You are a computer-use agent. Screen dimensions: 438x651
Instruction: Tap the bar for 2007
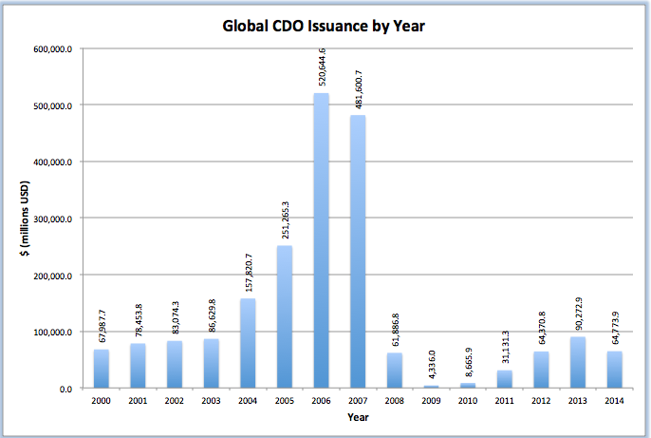[359, 251]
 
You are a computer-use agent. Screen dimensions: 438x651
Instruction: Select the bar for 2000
[102, 369]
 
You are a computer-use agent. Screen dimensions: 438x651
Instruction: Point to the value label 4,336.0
[433, 366]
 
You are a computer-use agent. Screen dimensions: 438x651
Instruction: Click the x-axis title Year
[358, 417]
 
